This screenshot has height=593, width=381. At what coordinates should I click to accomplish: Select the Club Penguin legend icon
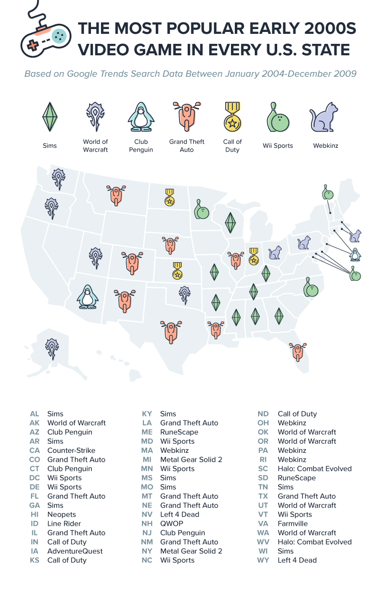click(x=141, y=116)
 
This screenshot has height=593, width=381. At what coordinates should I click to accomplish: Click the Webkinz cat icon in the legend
click(x=324, y=117)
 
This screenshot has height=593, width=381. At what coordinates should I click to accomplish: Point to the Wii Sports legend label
click(x=278, y=145)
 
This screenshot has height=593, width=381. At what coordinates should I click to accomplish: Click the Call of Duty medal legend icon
click(x=232, y=117)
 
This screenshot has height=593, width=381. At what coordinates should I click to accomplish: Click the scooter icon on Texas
click(x=170, y=332)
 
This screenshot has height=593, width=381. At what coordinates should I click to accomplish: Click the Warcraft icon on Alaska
click(x=51, y=349)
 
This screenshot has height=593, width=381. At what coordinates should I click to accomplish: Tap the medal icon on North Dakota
click(x=170, y=197)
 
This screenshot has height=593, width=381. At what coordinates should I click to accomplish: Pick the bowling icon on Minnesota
click(x=201, y=209)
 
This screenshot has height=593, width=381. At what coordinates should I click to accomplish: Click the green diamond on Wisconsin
click(x=231, y=222)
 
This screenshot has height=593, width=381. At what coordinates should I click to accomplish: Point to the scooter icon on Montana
click(x=116, y=194)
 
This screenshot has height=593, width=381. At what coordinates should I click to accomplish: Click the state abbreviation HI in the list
click(x=34, y=514)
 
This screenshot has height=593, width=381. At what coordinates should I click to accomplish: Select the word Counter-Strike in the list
click(x=71, y=450)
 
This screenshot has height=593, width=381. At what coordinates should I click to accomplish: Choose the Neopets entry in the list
click(x=61, y=514)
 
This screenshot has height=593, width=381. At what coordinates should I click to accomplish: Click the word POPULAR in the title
click(x=186, y=29)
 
